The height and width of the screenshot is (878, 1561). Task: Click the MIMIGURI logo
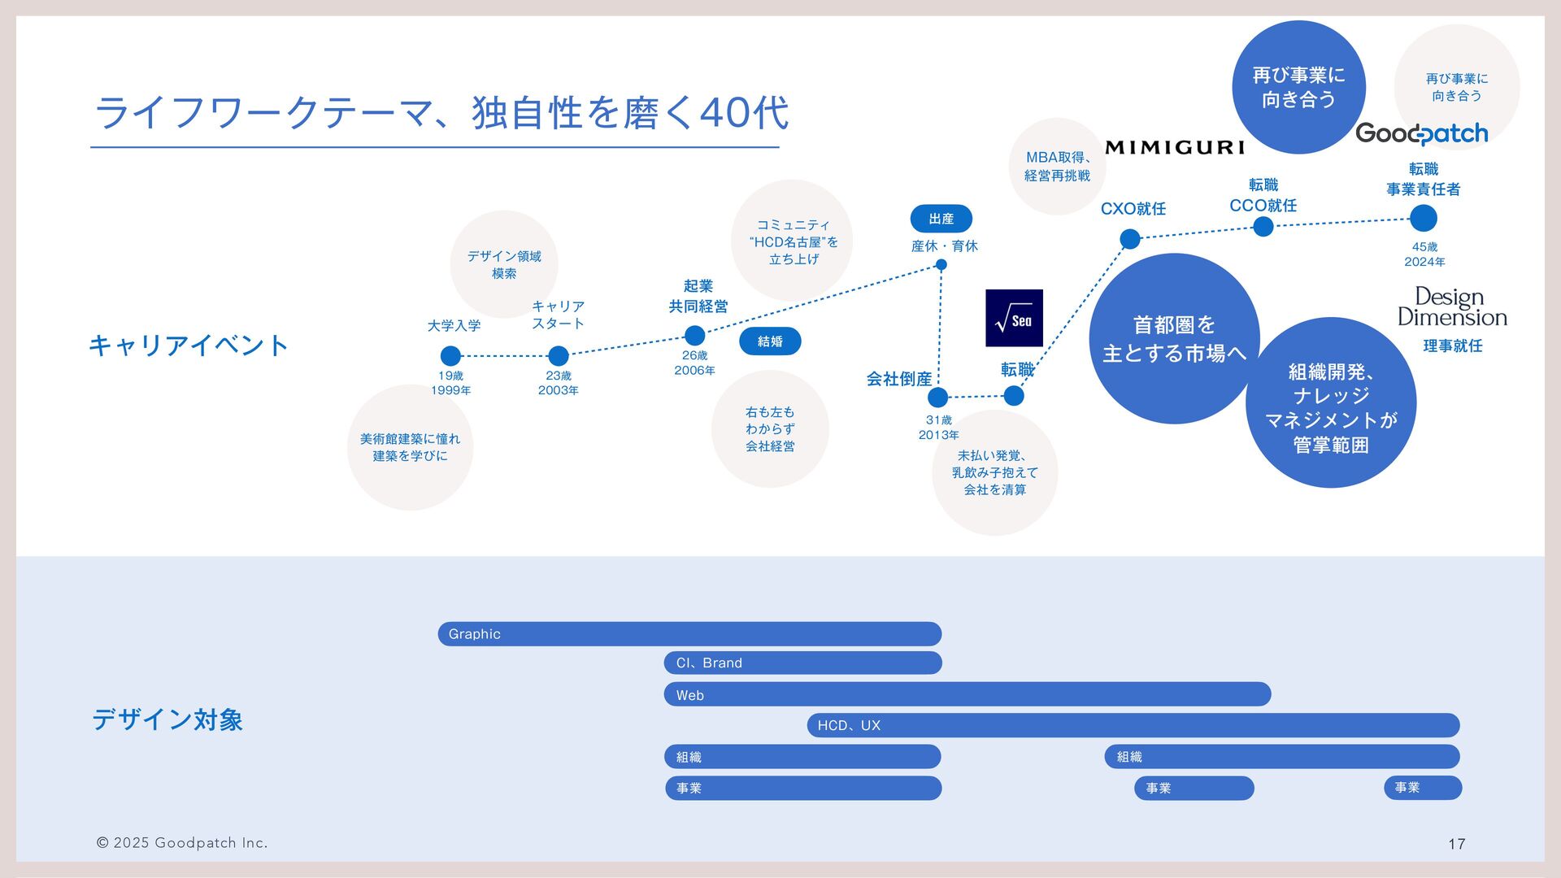point(1175,147)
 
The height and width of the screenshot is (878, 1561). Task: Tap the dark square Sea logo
point(1014,318)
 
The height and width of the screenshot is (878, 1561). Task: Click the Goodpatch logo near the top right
point(1421,133)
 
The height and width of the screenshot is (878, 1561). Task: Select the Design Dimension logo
point(1452,307)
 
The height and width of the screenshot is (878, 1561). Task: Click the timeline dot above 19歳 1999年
point(450,356)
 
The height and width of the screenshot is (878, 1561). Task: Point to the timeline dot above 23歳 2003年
point(559,356)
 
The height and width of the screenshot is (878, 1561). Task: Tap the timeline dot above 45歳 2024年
point(1424,219)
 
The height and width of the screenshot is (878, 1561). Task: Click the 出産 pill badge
point(941,219)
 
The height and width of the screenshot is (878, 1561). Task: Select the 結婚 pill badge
point(770,341)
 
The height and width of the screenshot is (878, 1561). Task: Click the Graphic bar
point(689,634)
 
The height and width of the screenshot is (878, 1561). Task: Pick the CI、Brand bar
point(802,663)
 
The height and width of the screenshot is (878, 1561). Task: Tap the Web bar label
point(690,695)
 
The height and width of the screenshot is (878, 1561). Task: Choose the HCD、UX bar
point(1133,725)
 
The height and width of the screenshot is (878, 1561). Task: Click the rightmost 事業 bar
point(1423,788)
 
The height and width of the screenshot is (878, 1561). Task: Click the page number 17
point(1457,844)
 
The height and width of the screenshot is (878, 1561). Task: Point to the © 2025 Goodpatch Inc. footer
point(182,843)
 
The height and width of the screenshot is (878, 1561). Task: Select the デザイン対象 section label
point(167,719)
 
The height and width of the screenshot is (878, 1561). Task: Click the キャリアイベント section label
point(189,346)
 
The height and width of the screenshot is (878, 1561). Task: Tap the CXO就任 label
point(1133,209)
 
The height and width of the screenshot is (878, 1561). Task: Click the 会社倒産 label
point(898,379)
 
